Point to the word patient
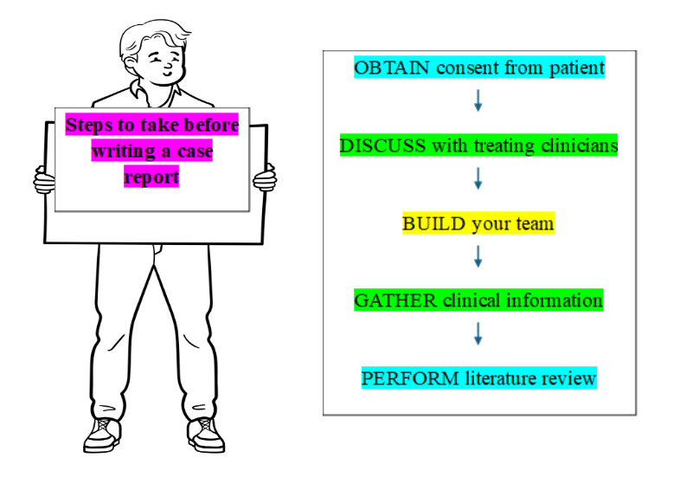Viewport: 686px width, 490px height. [x=574, y=68]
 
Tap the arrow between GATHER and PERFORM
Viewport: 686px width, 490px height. [x=478, y=333]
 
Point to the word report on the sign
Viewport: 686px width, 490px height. [x=151, y=177]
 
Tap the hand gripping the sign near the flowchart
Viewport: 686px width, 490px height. [x=265, y=178]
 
